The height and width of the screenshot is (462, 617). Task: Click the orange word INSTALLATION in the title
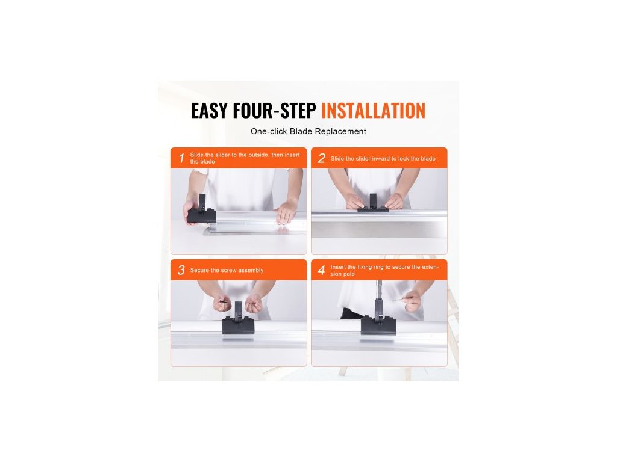click(374, 111)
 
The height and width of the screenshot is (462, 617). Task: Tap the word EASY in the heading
click(210, 111)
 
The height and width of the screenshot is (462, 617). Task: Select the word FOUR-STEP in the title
click(274, 111)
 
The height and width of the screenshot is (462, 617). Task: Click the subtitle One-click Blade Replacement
click(308, 131)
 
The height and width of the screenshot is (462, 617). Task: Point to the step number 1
click(181, 158)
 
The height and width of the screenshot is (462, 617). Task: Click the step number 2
click(322, 158)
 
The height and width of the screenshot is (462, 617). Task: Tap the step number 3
click(181, 270)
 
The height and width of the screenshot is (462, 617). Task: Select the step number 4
click(322, 270)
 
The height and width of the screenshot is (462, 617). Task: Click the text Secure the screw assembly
click(227, 270)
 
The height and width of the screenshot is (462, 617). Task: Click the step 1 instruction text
click(245, 158)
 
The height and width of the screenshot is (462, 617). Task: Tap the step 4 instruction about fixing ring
click(384, 270)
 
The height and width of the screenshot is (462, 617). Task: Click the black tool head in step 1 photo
click(201, 211)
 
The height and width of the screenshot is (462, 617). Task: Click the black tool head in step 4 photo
click(378, 320)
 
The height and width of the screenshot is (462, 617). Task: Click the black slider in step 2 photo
click(373, 205)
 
